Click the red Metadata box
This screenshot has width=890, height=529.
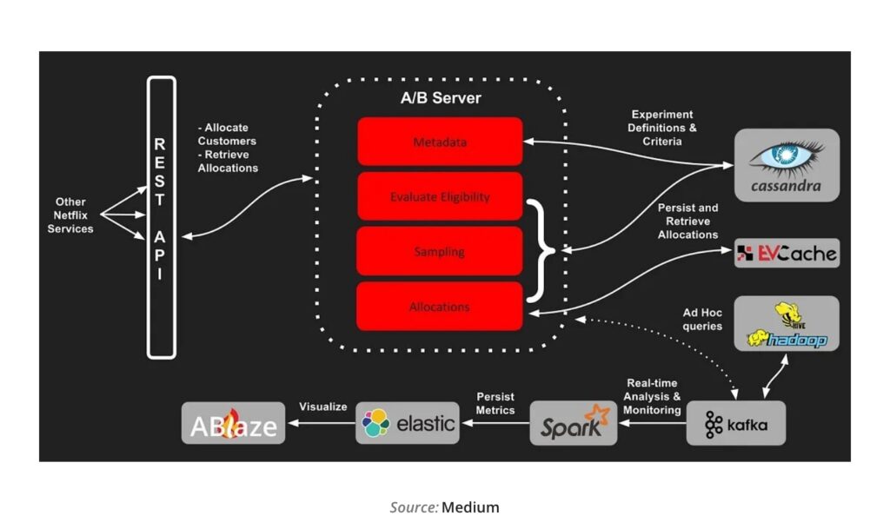pos(440,142)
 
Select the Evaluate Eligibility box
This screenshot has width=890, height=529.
pos(440,196)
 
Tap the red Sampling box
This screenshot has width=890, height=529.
pos(440,251)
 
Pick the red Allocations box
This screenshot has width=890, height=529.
pos(440,306)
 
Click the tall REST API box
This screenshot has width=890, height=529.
pos(162,217)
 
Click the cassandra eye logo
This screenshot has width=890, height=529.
pos(786,155)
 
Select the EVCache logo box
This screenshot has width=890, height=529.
pos(787,254)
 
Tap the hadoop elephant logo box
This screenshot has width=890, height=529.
pos(787,324)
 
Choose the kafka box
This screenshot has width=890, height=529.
pos(735,424)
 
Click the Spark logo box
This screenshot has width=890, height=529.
pos(574,424)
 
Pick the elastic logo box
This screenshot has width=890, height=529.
pos(408,423)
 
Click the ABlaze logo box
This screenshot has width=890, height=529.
pos(233,424)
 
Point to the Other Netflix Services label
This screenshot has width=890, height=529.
pos(70,215)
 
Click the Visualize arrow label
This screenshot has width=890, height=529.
pos(323,406)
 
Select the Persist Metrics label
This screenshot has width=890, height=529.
pos(495,404)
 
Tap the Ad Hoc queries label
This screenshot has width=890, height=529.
pos(702,320)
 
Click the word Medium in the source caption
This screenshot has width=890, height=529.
pos(470,507)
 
